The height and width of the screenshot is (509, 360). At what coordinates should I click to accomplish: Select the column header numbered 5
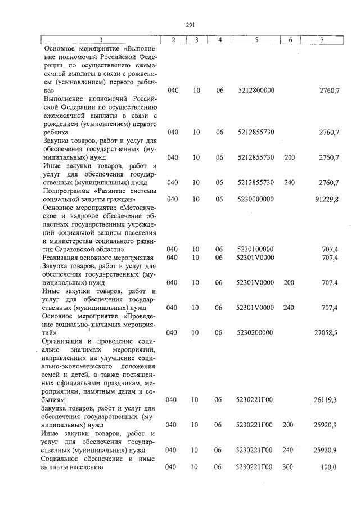pyautogui.click(x=256, y=40)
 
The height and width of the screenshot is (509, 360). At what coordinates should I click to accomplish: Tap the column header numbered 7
pyautogui.click(x=321, y=40)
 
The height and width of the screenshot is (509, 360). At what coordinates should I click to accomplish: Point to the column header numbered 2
pyautogui.click(x=173, y=40)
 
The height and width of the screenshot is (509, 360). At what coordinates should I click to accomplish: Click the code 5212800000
pyautogui.click(x=256, y=91)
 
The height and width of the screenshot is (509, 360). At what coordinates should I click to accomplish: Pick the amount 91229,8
pyautogui.click(x=327, y=199)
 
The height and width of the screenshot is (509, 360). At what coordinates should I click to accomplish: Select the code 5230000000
pyautogui.click(x=256, y=199)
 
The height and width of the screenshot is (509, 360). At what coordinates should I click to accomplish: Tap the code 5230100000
pyautogui.click(x=256, y=249)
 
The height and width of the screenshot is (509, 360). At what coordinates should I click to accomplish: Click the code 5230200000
pyautogui.click(x=256, y=333)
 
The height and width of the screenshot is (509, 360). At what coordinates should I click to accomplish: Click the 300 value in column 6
pyautogui.click(x=289, y=467)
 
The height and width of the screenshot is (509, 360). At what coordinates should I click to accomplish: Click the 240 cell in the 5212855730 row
pyautogui.click(x=289, y=182)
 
